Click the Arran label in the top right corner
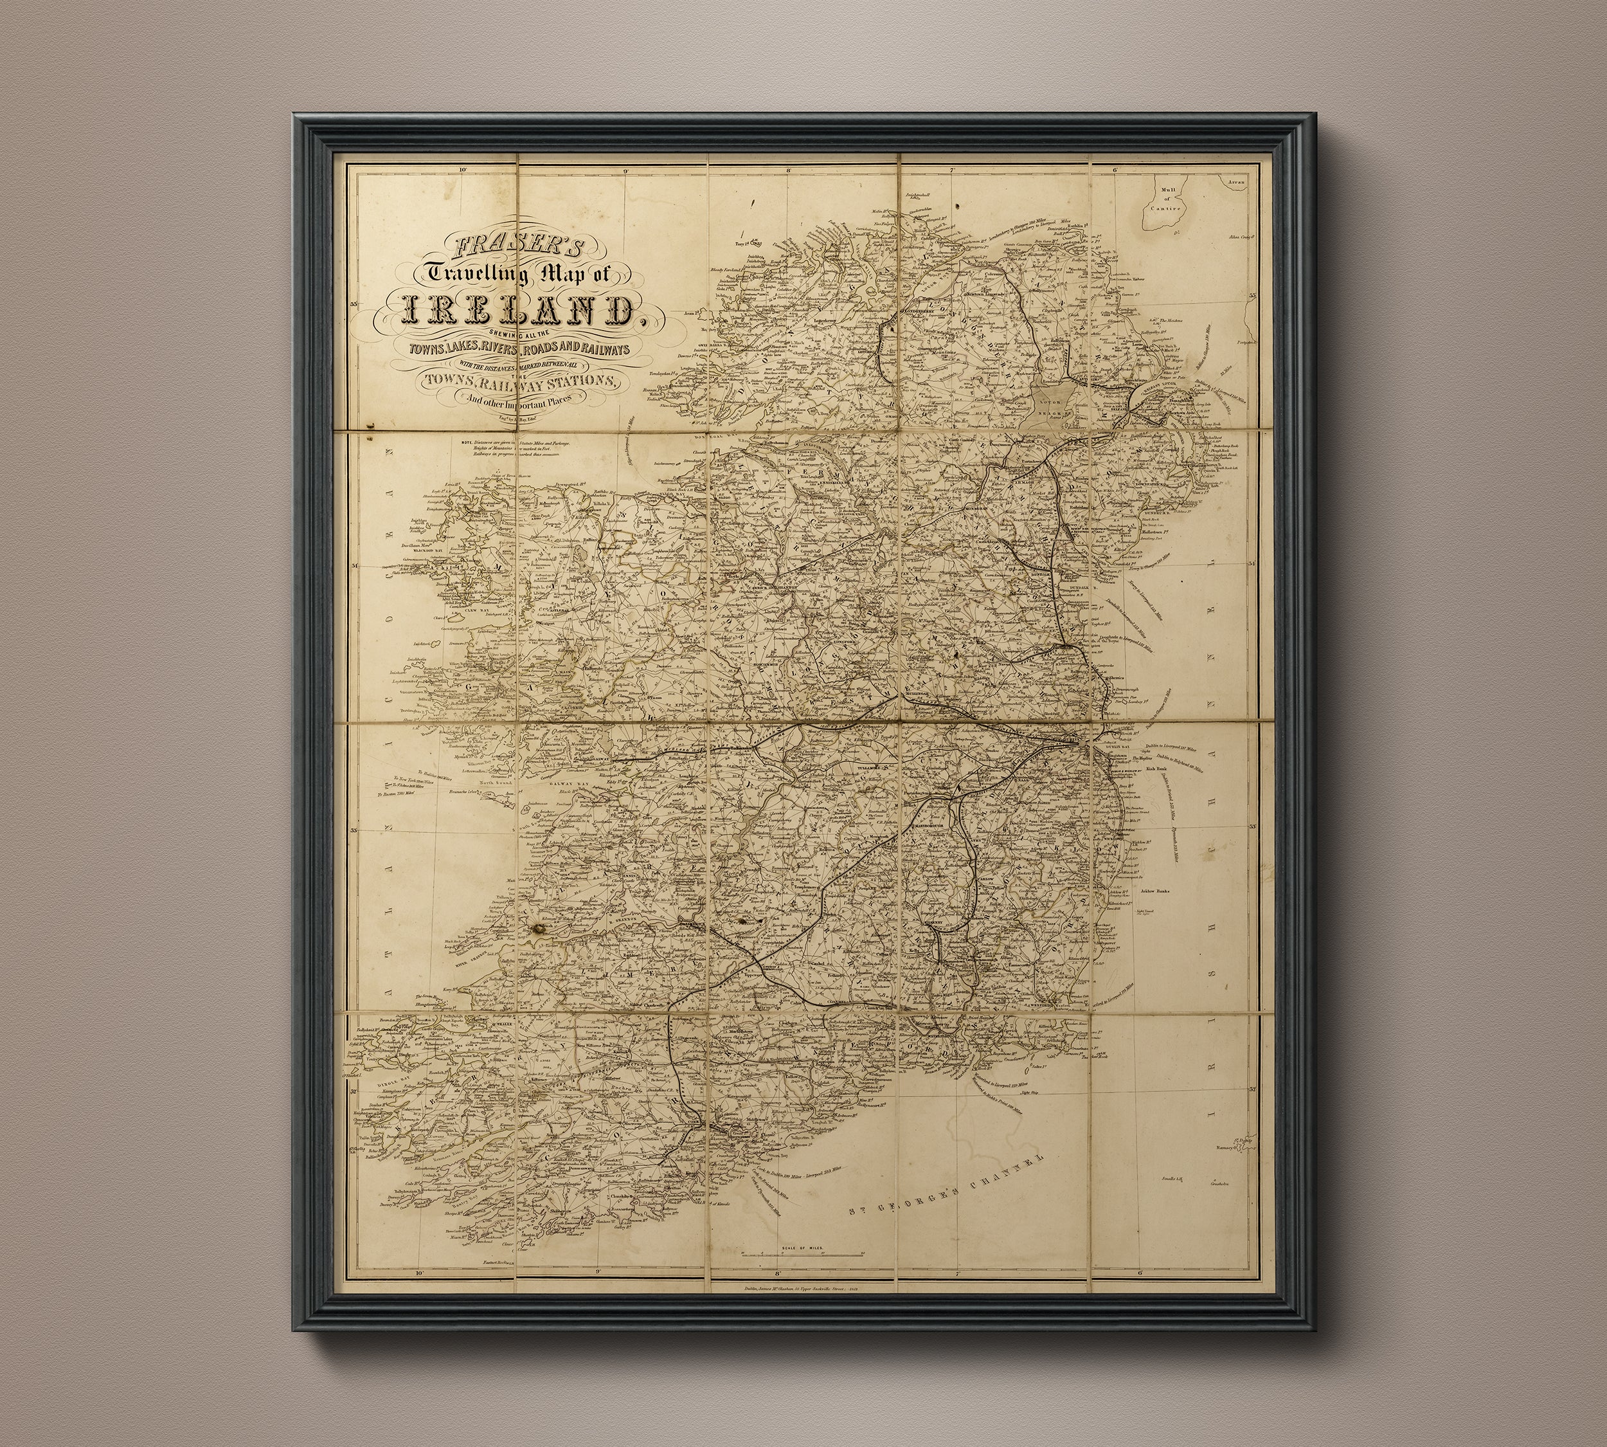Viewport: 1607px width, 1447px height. coord(1235,182)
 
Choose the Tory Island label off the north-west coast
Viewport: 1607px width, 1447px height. coord(750,243)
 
